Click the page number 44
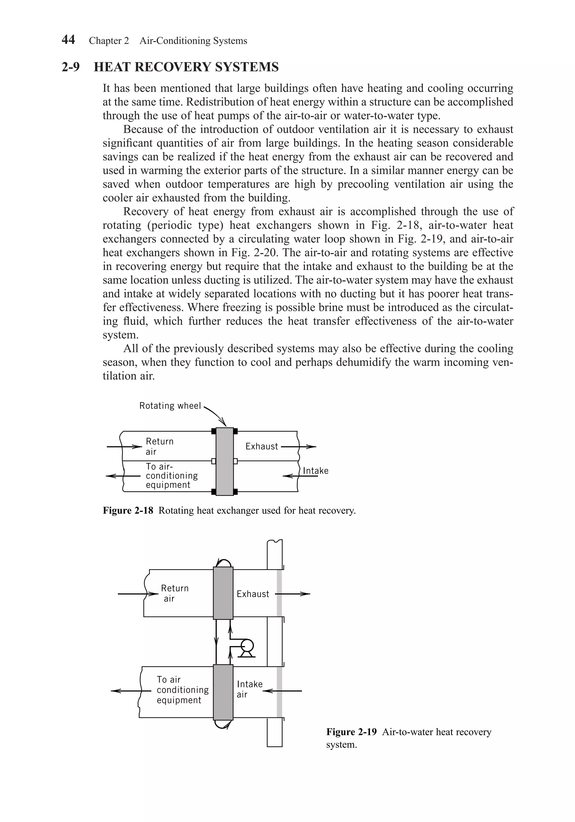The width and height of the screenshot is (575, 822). tap(68, 40)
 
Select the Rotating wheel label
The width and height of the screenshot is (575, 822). tap(170, 406)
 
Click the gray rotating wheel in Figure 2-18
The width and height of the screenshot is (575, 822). tap(225, 462)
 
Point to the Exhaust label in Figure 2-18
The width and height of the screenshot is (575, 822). tap(262, 446)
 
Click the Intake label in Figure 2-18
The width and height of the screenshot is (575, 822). tap(316, 471)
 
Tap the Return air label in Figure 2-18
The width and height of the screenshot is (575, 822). tap(159, 446)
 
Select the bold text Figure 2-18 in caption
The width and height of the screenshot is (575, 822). tap(128, 510)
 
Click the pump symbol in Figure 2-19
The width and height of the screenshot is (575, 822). tap(247, 647)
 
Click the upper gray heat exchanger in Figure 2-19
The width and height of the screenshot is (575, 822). tap(223, 593)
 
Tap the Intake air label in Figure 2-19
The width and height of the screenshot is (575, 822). tap(249, 689)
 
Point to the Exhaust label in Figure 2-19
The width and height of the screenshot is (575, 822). tap(253, 594)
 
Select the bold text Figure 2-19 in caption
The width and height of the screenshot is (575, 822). tap(351, 732)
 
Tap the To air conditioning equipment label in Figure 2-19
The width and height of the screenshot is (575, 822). tap(182, 690)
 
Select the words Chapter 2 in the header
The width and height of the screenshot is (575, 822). tap(109, 41)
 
